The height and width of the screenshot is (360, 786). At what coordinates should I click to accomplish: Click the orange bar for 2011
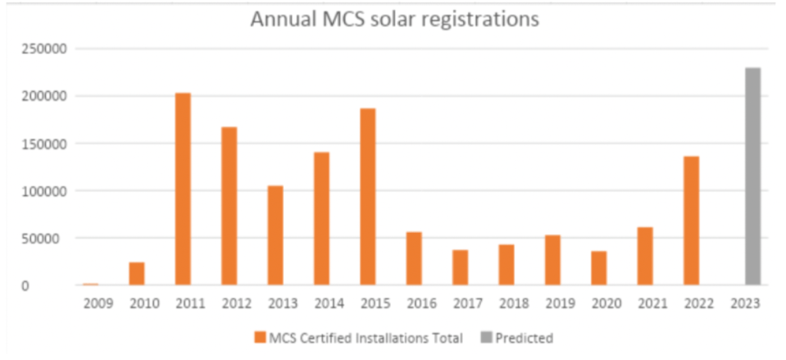pos(183,189)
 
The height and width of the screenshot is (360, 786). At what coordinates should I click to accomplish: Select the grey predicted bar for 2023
pos(752,176)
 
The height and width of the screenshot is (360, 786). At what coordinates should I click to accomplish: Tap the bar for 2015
pos(367,197)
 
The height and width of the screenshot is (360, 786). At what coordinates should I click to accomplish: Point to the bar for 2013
pos(275,235)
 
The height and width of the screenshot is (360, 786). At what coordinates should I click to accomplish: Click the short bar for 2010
pos(137,274)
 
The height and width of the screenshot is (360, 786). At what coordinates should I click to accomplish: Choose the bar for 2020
pos(598,268)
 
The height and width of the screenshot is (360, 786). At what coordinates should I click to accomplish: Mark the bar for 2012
pos(229,206)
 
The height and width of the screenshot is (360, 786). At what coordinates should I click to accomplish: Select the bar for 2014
pos(321,219)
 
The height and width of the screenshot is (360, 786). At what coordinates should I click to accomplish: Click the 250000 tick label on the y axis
pos(43,49)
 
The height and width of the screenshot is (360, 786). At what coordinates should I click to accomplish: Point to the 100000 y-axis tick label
pos(43,191)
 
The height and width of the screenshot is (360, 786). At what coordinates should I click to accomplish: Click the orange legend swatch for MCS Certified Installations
pos(259,338)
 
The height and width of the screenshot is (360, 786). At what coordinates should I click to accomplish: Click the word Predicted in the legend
pos(524,339)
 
